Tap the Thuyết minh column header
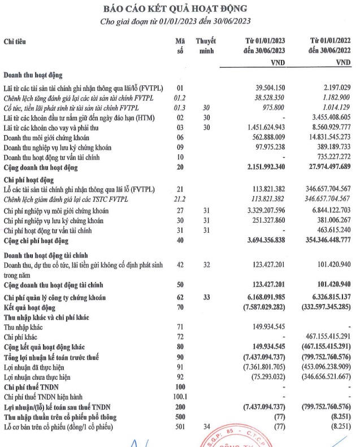[x=206, y=46]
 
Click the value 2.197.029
[x=334, y=89]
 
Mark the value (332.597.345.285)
[x=325, y=307]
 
